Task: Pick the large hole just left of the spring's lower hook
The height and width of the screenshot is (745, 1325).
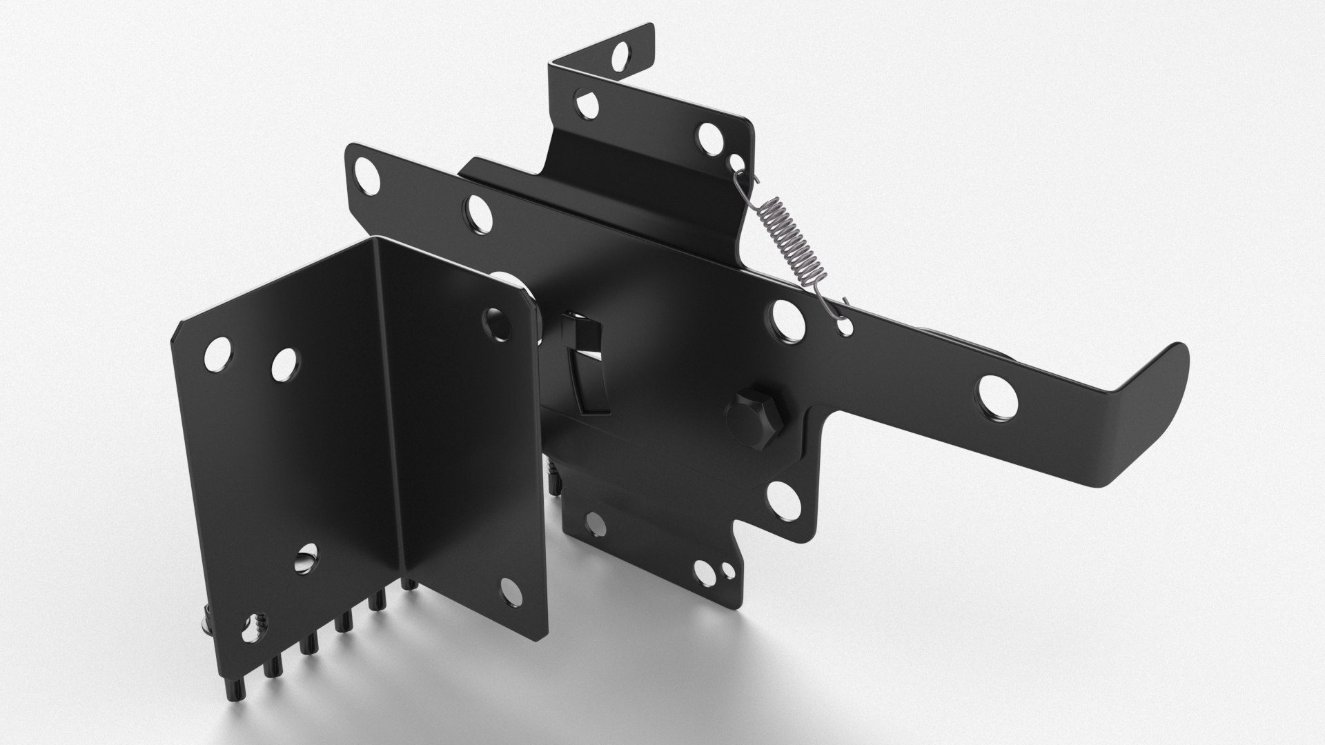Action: [x=787, y=319]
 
